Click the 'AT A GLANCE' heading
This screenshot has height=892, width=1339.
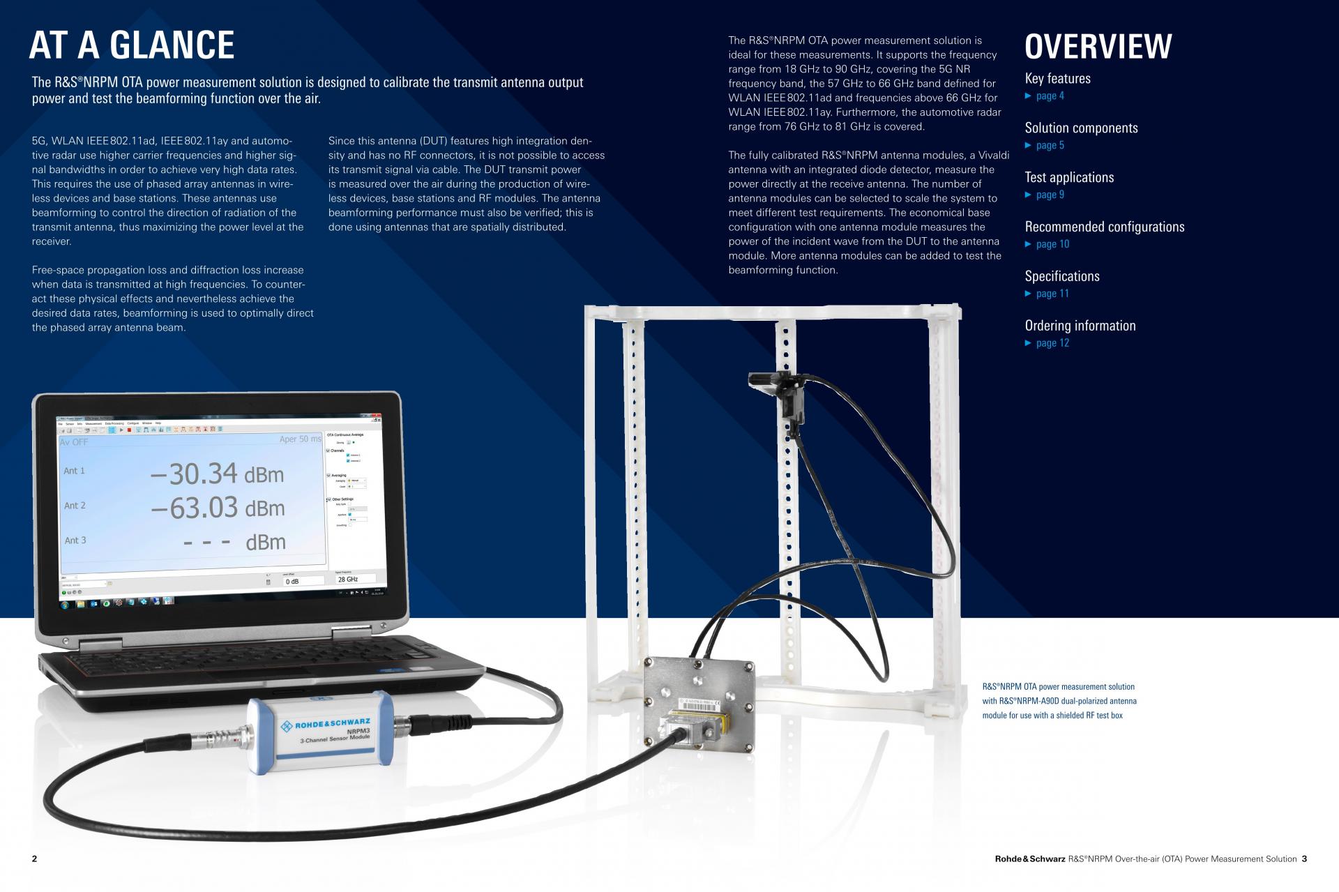[132, 45]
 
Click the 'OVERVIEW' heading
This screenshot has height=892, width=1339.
[1098, 47]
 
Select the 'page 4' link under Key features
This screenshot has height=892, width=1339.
[1050, 96]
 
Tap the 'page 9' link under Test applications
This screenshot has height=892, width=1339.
[1050, 195]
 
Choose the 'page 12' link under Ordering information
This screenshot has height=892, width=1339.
[1052, 343]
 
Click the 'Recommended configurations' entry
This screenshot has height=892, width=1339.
[1104, 227]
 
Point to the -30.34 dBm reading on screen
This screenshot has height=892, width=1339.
[217, 474]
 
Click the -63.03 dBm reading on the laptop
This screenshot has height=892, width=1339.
[218, 508]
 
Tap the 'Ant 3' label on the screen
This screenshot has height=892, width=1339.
[75, 541]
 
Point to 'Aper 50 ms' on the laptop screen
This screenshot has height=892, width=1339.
[301, 439]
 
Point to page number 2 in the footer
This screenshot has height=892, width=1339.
[35, 859]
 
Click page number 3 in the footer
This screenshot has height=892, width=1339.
[1304, 859]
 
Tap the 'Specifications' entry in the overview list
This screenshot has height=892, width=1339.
[1061, 276]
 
